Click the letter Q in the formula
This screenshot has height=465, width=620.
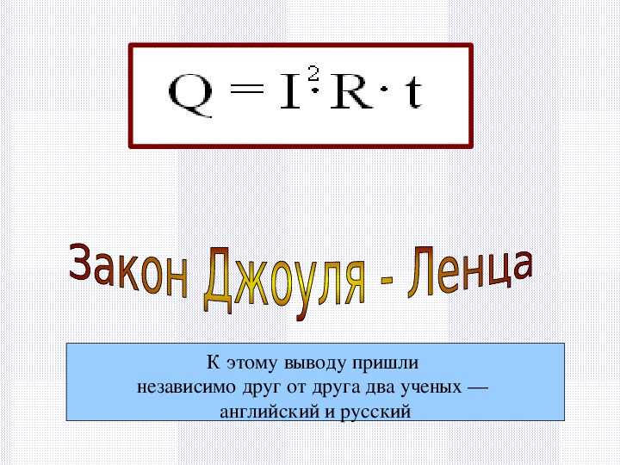[x=190, y=96]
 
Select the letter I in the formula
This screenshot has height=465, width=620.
[x=291, y=92]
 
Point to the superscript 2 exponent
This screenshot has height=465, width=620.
[x=313, y=74]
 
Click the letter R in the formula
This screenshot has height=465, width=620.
[x=351, y=92]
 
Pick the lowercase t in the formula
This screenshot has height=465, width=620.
[x=413, y=92]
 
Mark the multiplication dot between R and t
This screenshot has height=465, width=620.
[x=384, y=90]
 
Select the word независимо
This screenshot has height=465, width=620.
[x=186, y=387]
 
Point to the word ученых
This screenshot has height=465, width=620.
[x=431, y=387]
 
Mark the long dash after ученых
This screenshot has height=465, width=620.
[x=478, y=387]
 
